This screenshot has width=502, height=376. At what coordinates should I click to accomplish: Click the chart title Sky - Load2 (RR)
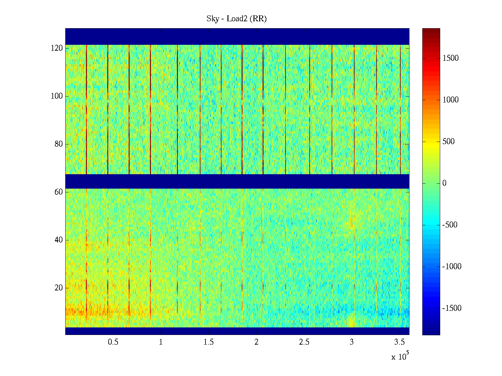pos(237,19)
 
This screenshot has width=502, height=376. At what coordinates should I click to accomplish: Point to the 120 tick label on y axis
pos(57,48)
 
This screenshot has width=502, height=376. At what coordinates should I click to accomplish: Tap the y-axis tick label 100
pos(57,96)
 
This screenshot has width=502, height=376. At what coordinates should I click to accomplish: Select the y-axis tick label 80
pos(59,144)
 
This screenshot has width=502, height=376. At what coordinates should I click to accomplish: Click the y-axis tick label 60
pos(59,192)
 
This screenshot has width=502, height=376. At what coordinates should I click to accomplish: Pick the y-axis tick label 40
pos(59,240)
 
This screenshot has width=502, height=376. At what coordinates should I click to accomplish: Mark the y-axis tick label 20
pos(59,288)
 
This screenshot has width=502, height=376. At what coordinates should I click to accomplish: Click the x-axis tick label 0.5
pos(113,342)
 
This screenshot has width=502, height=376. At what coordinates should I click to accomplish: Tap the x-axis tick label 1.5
pos(208,342)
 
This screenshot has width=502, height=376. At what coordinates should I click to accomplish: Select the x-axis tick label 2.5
pos(304,342)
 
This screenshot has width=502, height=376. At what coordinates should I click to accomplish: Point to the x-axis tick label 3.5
pos(399,342)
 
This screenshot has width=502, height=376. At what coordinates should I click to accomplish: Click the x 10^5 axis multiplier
pos(400,357)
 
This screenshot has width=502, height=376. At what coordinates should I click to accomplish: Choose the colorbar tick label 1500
pos(451,58)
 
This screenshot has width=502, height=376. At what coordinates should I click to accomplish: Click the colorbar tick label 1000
pos(451,100)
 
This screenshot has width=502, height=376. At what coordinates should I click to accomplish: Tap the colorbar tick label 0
pos(444,183)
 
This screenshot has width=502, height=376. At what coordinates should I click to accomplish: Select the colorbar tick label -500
pos(450,225)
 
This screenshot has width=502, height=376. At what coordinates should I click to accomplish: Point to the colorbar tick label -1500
pos(452,308)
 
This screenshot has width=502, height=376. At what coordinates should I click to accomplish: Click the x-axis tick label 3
pos(352,342)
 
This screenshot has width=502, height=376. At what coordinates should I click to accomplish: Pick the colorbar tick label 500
pos(448,142)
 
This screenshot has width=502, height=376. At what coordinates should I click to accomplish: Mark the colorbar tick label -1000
pos(452,267)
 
